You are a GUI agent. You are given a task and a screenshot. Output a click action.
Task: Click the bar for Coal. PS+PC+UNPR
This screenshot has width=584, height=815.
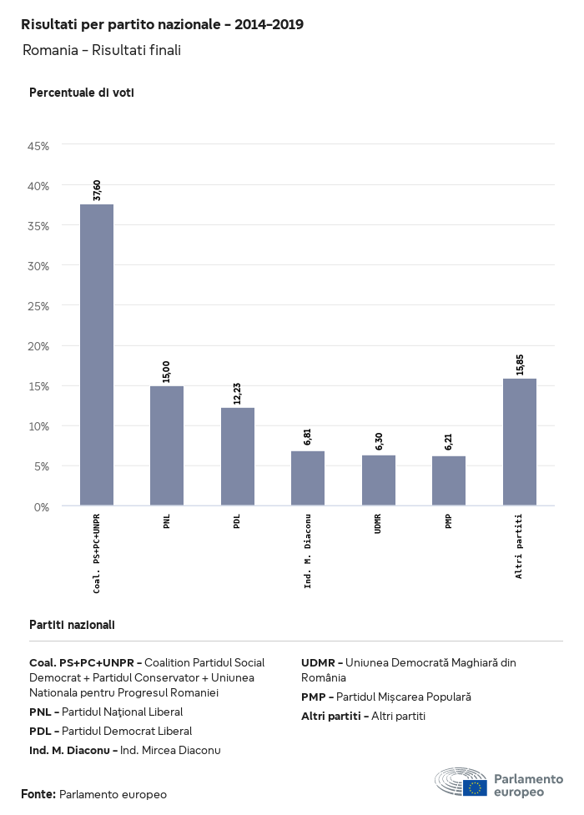click(x=97, y=355)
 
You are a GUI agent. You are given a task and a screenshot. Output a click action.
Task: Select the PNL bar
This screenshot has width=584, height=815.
click(x=167, y=445)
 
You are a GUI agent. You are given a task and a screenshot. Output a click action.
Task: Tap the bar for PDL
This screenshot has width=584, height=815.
click(x=238, y=456)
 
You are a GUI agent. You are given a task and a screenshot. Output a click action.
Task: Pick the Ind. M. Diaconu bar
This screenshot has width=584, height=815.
click(x=308, y=478)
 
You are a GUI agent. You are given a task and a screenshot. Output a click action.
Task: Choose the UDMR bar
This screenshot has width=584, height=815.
click(x=379, y=480)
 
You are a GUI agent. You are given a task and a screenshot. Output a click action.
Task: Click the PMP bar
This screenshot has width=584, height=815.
click(x=449, y=480)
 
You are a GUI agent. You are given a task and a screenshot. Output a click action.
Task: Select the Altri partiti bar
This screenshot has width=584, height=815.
click(x=520, y=442)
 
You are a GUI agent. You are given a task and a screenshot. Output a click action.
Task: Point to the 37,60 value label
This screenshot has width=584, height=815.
click(x=98, y=190)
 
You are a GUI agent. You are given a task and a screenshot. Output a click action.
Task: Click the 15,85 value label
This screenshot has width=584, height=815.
click(x=520, y=365)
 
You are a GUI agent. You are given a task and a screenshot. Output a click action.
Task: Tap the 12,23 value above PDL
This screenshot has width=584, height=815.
click(x=238, y=394)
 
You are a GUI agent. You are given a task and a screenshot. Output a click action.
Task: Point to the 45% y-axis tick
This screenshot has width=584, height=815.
click(x=38, y=146)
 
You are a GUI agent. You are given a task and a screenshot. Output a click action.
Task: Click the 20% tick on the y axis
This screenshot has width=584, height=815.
click(x=38, y=346)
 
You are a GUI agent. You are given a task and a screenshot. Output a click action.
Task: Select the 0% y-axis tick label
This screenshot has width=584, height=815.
click(x=42, y=506)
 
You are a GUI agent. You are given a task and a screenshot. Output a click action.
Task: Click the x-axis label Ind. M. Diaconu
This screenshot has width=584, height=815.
click(x=308, y=551)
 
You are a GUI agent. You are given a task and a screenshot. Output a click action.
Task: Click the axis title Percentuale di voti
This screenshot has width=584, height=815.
click(x=82, y=93)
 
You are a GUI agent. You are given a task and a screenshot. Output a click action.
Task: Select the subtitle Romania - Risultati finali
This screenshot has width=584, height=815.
click(x=102, y=51)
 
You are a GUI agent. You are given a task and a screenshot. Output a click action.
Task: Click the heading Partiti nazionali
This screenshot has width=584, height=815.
click(x=72, y=625)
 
